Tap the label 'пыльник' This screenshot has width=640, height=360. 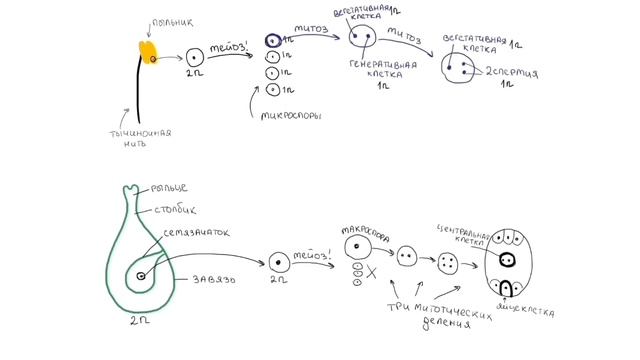click(166, 19)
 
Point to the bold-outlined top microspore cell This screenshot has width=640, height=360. click(272, 41)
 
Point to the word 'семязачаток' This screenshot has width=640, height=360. click(197, 232)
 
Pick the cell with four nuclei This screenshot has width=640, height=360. click(447, 263)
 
